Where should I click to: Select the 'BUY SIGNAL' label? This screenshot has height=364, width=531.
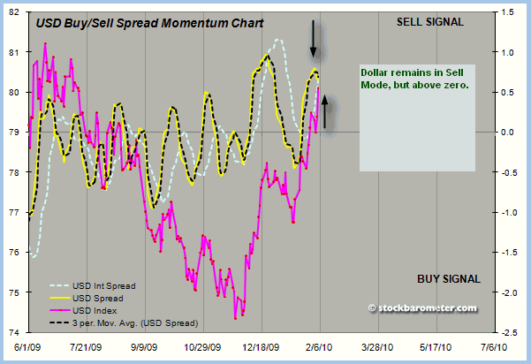[x=448, y=279]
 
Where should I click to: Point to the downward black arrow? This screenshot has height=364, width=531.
[x=313, y=38]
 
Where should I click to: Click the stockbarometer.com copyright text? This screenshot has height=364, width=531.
[x=421, y=307]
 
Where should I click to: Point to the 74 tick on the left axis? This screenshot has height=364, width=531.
[x=17, y=332]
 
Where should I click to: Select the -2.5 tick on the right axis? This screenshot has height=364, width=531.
[x=509, y=332]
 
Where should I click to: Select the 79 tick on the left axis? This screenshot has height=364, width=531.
[x=17, y=132]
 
